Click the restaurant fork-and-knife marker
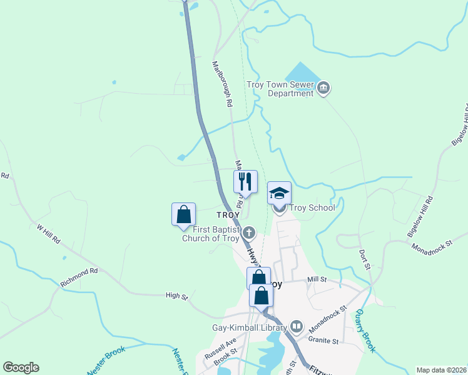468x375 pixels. pyautogui.click(x=246, y=182)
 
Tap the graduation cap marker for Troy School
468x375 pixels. pyautogui.click(x=279, y=193)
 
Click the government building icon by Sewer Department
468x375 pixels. pyautogui.click(x=323, y=88)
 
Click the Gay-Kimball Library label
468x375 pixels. pyautogui.click(x=248, y=327)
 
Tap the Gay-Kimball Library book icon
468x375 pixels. pyautogui.click(x=297, y=327)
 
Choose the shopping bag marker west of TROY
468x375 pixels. pyautogui.click(x=184, y=214)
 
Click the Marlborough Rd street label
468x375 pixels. pyautogui.click(x=222, y=84)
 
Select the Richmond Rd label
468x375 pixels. pyautogui.click(x=79, y=278)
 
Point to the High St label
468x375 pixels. pyautogui.click(x=176, y=296)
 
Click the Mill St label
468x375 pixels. pyautogui.click(x=317, y=281)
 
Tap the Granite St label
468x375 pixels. pyautogui.click(x=323, y=341)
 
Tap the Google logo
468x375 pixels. pyautogui.click(x=21, y=367)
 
